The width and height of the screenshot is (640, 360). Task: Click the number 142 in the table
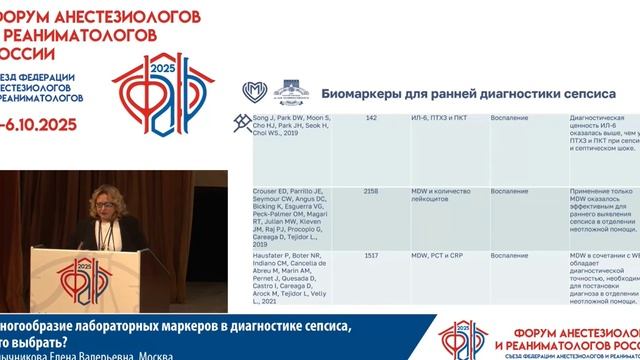[371, 118]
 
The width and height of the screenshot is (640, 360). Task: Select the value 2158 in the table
[371, 189]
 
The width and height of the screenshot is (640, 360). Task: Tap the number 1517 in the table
[371, 256]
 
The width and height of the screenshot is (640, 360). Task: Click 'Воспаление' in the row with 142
[509, 118]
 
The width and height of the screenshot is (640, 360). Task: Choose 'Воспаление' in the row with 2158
[509, 189]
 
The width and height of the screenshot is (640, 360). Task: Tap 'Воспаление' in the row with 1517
[509, 256]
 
